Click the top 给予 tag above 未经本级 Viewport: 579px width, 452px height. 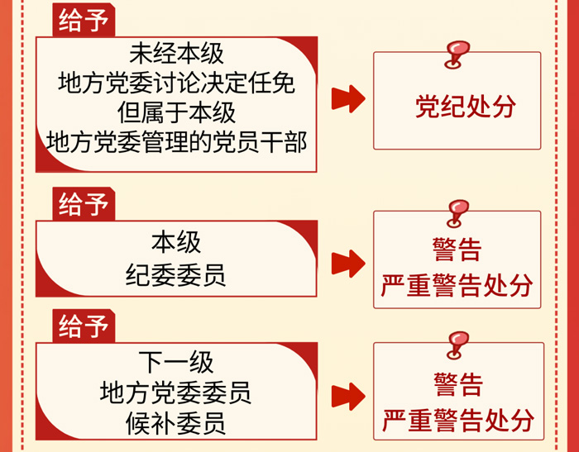tap(84, 20)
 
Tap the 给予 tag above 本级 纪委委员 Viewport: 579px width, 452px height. tap(84, 204)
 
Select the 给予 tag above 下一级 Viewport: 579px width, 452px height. tap(84, 326)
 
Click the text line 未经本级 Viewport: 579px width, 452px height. tap(176, 54)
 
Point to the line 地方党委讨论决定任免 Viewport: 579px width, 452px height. tap(176, 83)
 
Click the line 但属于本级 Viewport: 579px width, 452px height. tap(176, 112)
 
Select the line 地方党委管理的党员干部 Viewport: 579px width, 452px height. tap(176, 142)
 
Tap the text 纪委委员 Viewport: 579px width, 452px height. tap(175, 275)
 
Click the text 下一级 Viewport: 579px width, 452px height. tap(175, 362)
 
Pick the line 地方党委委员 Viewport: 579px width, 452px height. tap(175, 393)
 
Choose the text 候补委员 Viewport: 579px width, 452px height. tap(175, 423)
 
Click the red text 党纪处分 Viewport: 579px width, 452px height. tap(465, 107)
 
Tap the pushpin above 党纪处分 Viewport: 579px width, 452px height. tap(457, 55)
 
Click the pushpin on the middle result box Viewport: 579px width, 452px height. tap(457, 214)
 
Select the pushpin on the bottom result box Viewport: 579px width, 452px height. tap(457, 345)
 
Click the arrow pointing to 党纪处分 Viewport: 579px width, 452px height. tap(348, 99)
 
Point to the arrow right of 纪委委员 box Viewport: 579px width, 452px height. tap(348, 264)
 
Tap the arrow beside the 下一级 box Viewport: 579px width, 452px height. tap(348, 397)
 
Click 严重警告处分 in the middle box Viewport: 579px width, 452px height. tap(457, 285)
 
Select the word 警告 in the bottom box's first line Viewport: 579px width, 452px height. tap(458, 384)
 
